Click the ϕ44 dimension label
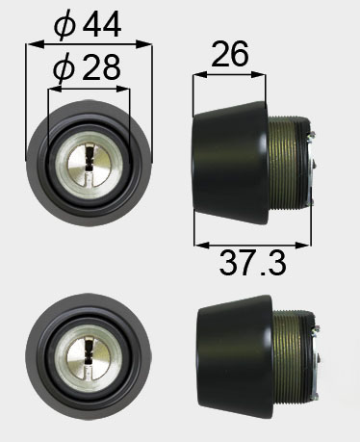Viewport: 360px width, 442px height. [88, 25]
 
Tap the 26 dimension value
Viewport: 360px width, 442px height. [230, 53]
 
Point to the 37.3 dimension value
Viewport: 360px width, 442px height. [252, 263]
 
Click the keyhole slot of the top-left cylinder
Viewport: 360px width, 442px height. [89, 165]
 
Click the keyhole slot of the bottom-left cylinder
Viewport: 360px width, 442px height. [88, 357]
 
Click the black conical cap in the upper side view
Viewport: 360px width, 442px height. [230, 164]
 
